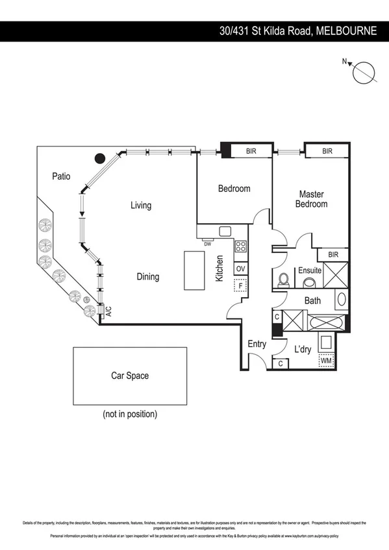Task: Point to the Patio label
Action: click(61, 176)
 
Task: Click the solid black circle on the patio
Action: click(99, 158)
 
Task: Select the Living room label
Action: click(141, 206)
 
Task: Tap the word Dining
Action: click(147, 277)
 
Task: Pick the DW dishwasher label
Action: click(208, 245)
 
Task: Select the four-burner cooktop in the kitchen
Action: click(240, 246)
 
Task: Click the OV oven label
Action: click(240, 269)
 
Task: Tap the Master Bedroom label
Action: click(311, 199)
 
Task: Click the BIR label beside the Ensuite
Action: click(333, 255)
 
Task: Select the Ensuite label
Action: click(310, 270)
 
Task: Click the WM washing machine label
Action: click(325, 360)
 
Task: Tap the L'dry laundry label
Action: click(303, 349)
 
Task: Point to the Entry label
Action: click(257, 344)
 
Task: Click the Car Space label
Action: click(130, 376)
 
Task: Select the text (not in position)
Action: click(130, 414)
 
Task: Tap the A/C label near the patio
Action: click(108, 311)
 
